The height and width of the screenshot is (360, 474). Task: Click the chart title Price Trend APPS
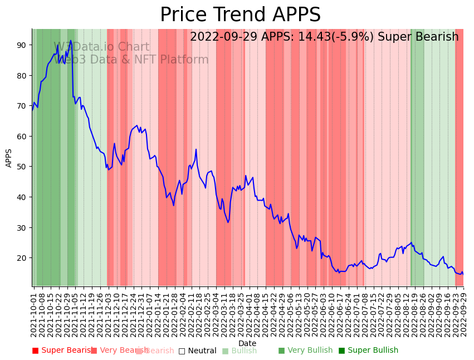pos(240,15)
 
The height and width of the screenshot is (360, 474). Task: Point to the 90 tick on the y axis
pos(23,45)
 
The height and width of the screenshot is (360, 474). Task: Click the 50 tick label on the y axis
pos(23,167)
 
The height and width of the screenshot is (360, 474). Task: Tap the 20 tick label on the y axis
pos(23,258)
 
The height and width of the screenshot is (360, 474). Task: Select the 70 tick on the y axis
pos(23,106)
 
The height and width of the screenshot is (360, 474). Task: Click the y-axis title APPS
pos(9,158)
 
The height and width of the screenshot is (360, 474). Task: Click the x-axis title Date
pos(247,343)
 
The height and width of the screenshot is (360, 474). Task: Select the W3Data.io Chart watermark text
pos(101,47)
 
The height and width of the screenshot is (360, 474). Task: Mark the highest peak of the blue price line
pos(71,40)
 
